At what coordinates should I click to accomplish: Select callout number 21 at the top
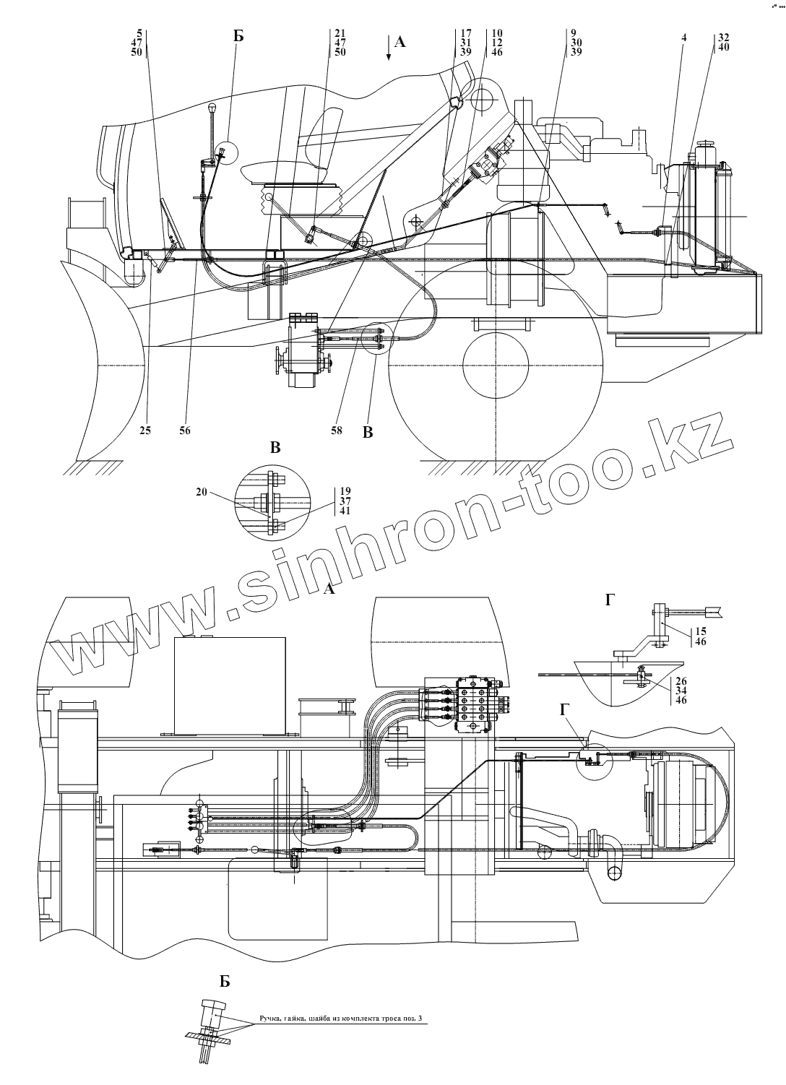tap(340, 33)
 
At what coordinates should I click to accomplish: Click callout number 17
tap(466, 33)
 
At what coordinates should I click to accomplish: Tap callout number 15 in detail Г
tap(699, 612)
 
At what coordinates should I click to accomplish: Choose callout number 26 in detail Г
tap(680, 680)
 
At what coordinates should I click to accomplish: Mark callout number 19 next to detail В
tap(345, 490)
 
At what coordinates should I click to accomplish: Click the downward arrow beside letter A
tap(389, 50)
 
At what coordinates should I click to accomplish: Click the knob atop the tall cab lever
tap(212, 108)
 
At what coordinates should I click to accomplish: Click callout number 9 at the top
tap(572, 33)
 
